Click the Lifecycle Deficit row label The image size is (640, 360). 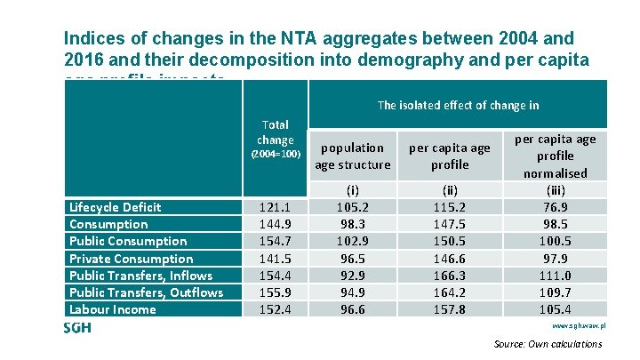(x=115, y=207)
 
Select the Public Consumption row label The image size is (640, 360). (x=128, y=241)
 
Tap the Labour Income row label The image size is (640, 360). (x=112, y=309)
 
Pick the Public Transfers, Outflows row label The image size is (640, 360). (x=146, y=292)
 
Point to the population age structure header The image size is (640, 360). (x=353, y=156)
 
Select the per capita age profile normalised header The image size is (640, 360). (x=556, y=156)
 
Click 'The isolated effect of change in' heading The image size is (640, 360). (x=458, y=105)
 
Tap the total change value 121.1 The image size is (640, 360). (x=276, y=207)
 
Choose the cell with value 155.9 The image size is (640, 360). (x=276, y=292)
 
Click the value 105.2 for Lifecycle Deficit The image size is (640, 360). (x=353, y=207)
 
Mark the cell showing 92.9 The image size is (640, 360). (x=353, y=276)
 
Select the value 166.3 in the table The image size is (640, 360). (x=449, y=276)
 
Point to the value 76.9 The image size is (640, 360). (x=556, y=207)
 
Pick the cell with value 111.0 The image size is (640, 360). (x=556, y=276)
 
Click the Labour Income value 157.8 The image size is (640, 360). (x=449, y=309)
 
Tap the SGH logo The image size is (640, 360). (x=77, y=328)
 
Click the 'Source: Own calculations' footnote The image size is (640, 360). (x=547, y=344)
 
